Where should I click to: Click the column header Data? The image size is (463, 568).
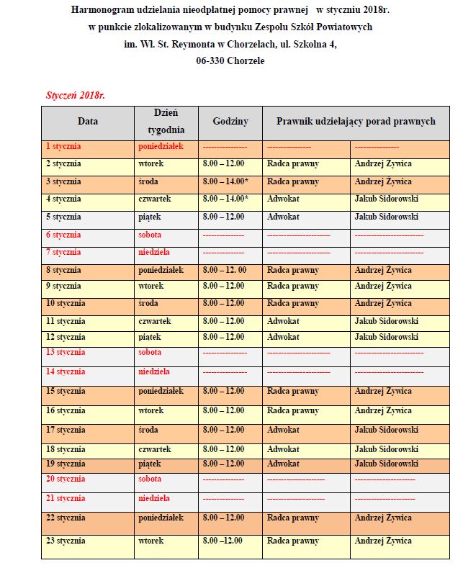point(87,122)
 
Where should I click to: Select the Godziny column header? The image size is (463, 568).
point(230,122)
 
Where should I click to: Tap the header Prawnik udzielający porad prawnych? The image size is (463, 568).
point(356,122)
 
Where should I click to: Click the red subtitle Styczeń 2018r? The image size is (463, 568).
point(76,95)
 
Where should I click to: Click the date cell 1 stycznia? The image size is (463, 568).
point(63,146)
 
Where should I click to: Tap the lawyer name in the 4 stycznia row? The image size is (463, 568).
point(386,199)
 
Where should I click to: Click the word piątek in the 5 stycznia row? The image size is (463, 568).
point(150,216)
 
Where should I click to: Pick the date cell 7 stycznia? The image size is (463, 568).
point(63,252)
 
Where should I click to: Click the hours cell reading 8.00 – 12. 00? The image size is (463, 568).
point(225,270)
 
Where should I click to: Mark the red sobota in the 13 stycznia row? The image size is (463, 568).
point(150,352)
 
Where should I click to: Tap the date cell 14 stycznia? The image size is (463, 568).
point(66,371)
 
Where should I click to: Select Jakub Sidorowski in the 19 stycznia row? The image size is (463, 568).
point(386,464)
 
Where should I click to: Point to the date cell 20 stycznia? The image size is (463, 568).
point(66,479)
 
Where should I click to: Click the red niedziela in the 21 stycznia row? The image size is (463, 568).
point(154,498)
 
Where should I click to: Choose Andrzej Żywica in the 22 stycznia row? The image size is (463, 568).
point(383,518)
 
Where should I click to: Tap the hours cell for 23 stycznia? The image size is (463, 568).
point(222,541)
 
